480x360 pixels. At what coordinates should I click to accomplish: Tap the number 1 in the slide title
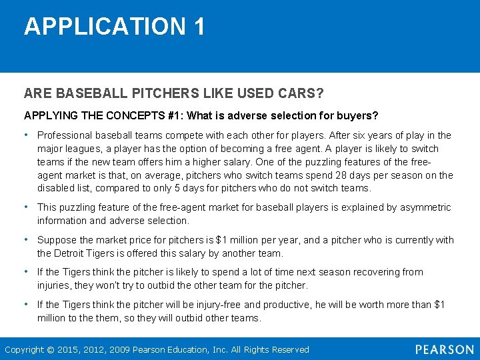pos(199,27)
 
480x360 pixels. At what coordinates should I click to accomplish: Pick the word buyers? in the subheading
pos(359,115)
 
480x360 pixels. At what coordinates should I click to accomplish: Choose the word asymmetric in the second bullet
pos(424,207)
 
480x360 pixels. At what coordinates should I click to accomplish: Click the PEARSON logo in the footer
pos(444,349)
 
